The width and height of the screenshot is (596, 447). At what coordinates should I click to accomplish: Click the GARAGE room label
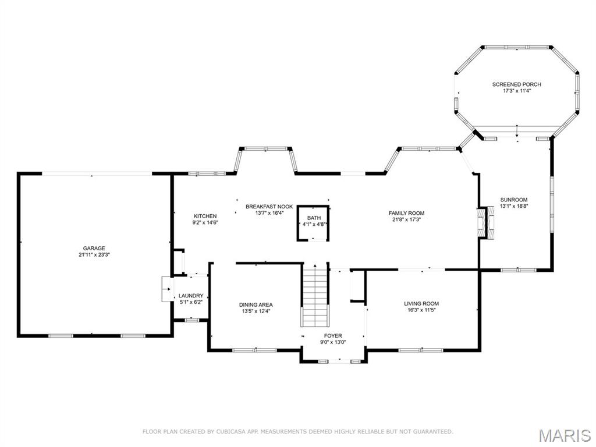[94, 249]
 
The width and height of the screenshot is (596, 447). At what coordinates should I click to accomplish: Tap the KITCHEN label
[205, 217]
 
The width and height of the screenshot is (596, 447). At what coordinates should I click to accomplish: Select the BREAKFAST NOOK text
[269, 207]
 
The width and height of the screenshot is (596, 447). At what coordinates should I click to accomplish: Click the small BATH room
[313, 223]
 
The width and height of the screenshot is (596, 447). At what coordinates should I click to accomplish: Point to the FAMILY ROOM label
[406, 213]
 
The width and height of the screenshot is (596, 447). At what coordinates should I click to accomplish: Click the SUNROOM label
[514, 200]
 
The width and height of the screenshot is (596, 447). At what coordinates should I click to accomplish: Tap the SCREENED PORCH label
[517, 84]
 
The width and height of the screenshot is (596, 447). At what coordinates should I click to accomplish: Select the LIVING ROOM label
[421, 304]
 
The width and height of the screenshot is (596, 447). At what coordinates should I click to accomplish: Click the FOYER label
[333, 336]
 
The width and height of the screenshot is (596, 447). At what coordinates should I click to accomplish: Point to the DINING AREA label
[256, 305]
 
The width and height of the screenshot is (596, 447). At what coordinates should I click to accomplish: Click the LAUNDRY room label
[191, 296]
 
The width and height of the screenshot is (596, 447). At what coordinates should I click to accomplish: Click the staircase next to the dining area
[315, 295]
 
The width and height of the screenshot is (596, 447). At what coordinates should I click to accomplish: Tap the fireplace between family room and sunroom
[487, 223]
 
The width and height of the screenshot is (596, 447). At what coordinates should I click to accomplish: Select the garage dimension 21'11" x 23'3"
[94, 255]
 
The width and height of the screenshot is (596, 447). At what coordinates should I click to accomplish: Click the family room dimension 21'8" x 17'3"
[406, 219]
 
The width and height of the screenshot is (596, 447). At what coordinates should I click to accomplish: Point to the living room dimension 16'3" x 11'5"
[421, 310]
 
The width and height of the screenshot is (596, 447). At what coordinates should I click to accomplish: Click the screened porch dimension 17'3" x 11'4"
[517, 91]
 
